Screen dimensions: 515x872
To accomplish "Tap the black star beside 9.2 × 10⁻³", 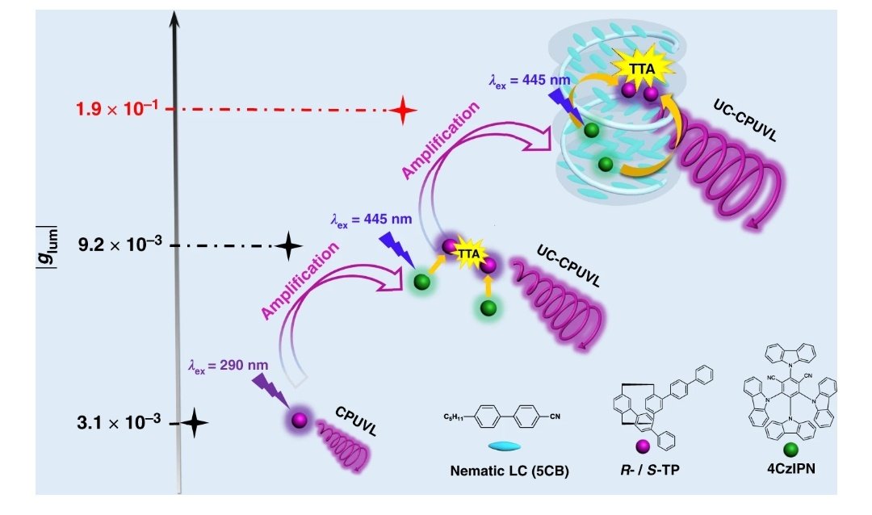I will tap(289, 245).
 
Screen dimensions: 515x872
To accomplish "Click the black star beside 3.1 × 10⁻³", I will tap(195, 422).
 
